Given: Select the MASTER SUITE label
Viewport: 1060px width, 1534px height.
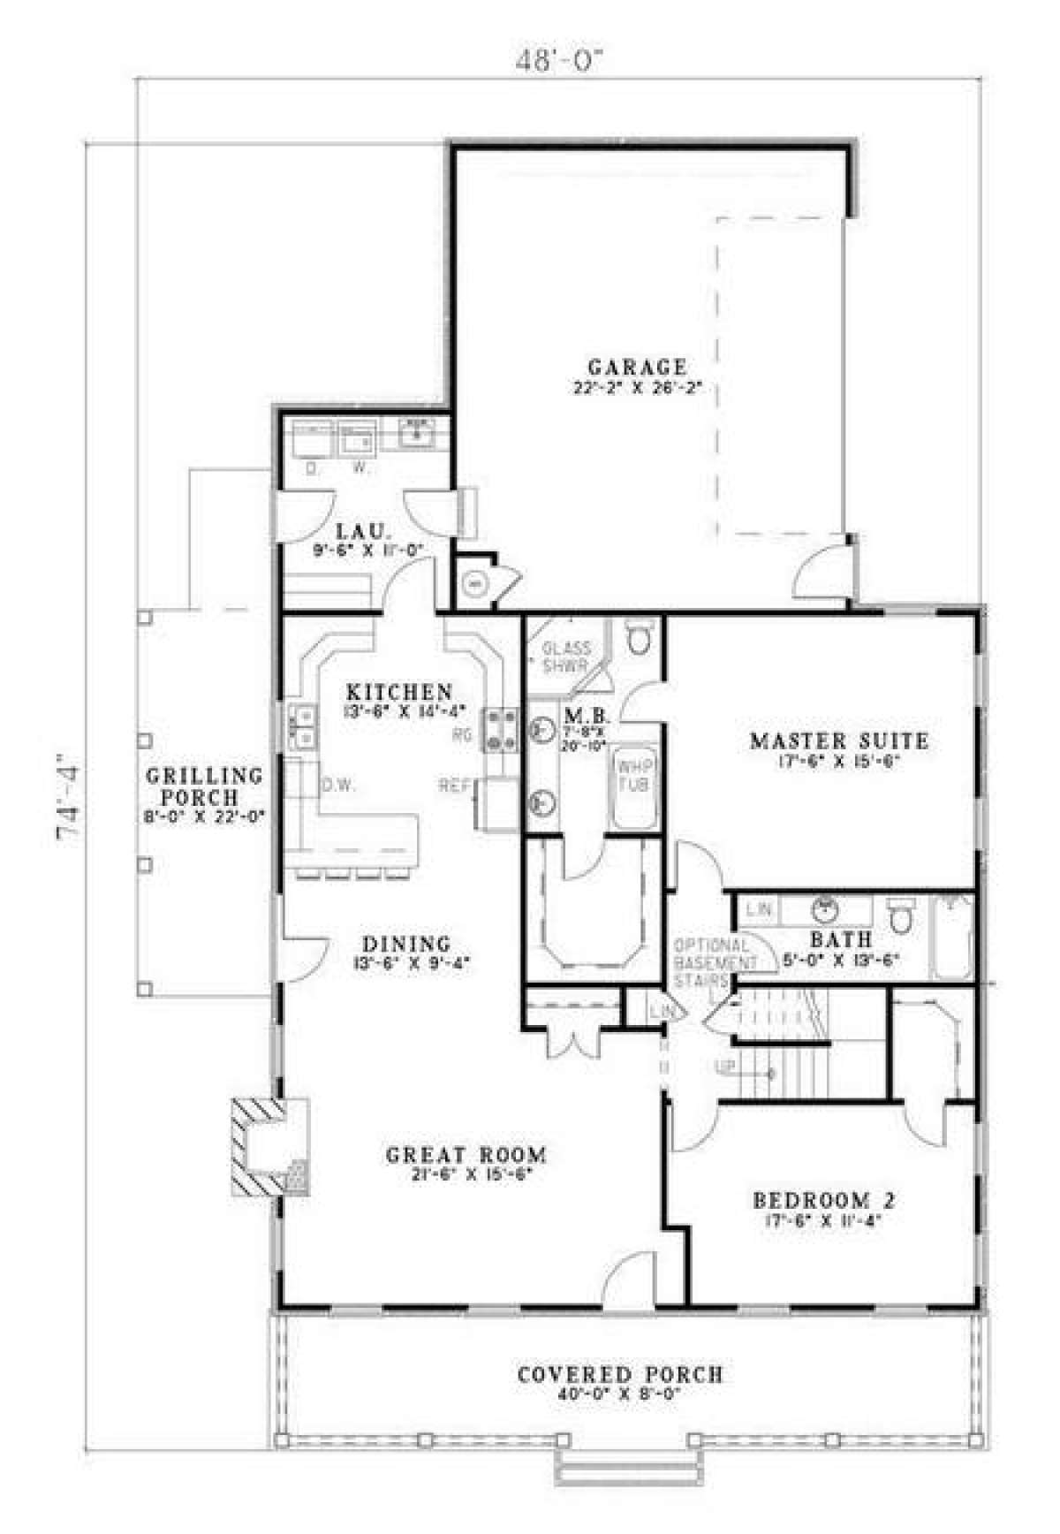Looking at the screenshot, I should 838,740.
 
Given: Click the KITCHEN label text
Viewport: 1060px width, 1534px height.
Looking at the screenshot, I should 398,692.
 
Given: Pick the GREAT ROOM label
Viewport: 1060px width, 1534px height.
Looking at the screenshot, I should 466,1154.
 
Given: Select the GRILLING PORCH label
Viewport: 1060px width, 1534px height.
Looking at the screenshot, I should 204,786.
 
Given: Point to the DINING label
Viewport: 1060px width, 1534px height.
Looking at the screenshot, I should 405,944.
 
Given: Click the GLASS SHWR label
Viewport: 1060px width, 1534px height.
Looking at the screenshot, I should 566,657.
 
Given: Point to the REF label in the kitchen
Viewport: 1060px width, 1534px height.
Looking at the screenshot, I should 455,785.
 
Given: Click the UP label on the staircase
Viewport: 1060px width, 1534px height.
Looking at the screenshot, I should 725,1067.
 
